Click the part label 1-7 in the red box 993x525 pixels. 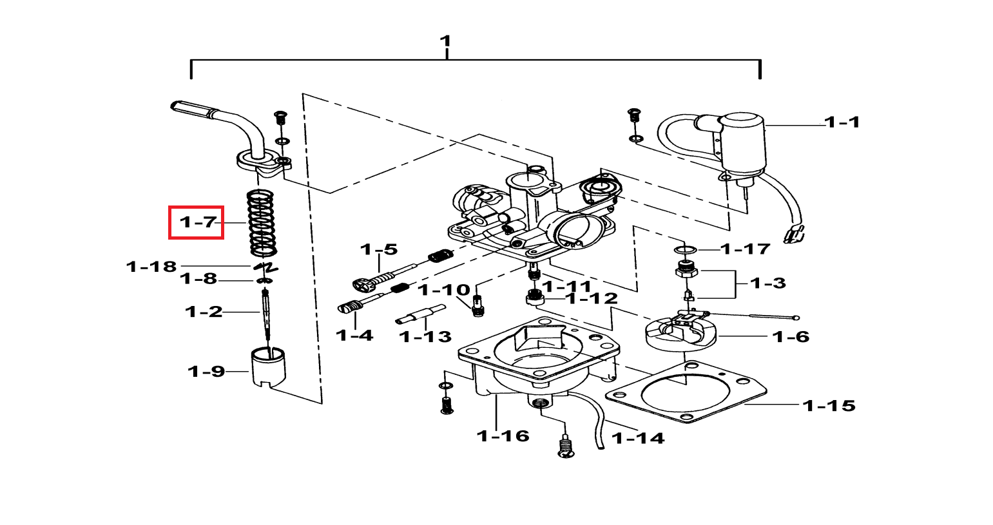[198, 222]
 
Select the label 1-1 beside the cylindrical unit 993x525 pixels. [842, 122]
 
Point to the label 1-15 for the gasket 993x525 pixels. [829, 406]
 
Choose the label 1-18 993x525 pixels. [151, 267]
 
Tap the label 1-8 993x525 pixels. [198, 279]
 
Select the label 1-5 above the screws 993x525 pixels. [379, 249]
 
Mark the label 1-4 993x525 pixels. [354, 336]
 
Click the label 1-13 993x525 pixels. [425, 337]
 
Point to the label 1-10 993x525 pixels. [445, 290]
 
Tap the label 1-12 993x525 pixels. [593, 299]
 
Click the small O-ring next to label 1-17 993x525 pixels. [686, 251]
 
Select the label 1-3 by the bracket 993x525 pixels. [768, 283]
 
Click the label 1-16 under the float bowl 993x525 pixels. [503, 436]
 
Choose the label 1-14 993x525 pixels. [638, 439]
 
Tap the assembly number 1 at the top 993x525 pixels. [445, 41]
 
